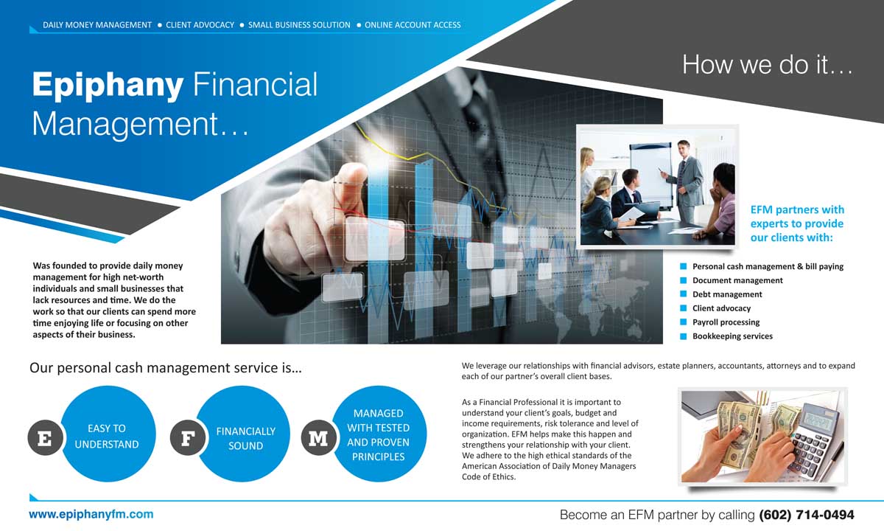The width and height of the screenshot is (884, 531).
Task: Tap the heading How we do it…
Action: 768,64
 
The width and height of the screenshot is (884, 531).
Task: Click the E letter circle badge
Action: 45,438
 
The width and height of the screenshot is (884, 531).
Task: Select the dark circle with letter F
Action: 187,438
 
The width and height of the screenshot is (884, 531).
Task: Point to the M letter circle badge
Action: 318,438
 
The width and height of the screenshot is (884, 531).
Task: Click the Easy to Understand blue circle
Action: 108,434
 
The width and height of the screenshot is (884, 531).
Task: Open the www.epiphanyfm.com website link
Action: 91,514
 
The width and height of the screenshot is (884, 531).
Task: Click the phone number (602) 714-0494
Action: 806,515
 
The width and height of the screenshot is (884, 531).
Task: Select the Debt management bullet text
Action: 727,294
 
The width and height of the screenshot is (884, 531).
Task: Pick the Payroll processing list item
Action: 726,322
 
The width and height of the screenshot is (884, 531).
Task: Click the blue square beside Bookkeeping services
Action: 683,336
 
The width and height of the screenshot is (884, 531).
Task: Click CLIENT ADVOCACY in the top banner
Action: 200,25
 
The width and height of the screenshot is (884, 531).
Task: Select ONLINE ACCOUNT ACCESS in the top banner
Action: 413,25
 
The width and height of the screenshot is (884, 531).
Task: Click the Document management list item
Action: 737,280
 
